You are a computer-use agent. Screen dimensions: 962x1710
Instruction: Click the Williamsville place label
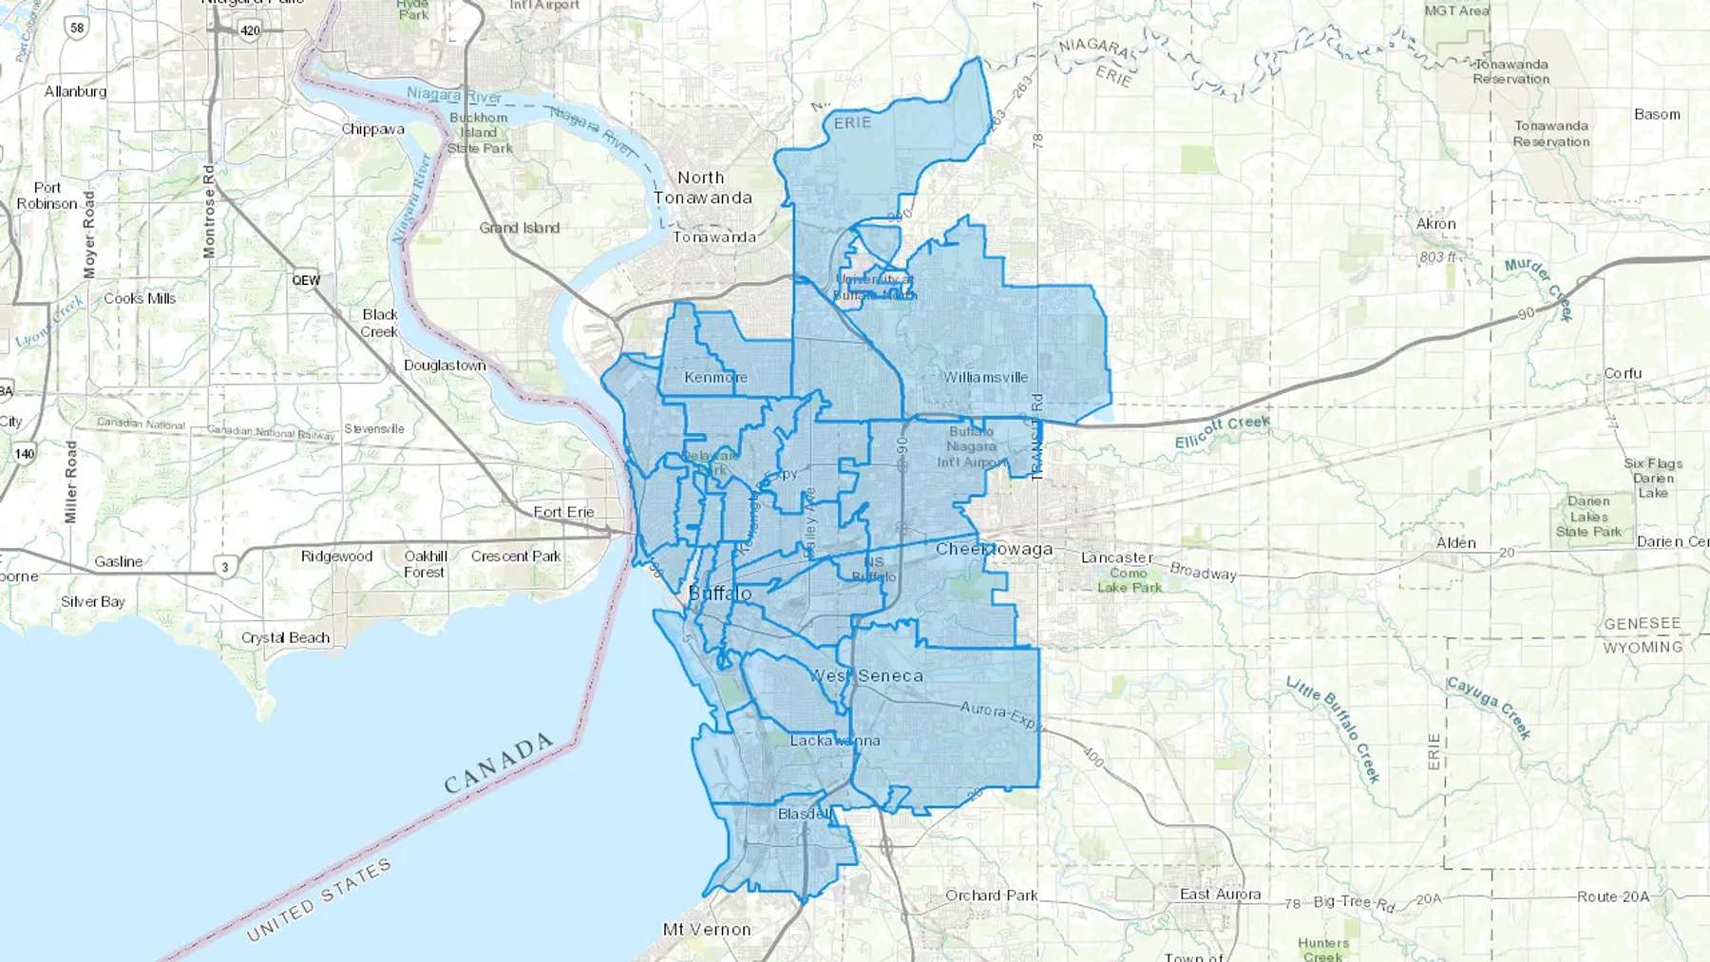tap(985, 377)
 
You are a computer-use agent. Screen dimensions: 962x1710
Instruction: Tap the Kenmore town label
tap(715, 377)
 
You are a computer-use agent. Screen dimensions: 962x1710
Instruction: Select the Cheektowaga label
tap(994, 549)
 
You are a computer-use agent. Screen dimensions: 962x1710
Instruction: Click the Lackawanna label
tap(835, 741)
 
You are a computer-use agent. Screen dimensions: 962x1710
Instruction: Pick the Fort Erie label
tap(563, 512)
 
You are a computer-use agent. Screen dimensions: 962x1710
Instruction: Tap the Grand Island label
tap(520, 228)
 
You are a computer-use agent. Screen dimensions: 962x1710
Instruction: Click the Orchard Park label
tap(991, 896)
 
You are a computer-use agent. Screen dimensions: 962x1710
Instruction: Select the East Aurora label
tap(1220, 895)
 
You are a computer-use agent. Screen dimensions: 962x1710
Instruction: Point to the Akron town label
tap(1435, 224)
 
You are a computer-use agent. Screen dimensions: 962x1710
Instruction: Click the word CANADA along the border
tap(499, 763)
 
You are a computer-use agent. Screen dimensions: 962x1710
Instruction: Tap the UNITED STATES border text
tap(319, 899)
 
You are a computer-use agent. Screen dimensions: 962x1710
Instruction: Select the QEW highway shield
tap(306, 280)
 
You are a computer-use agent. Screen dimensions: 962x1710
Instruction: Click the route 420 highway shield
tap(250, 30)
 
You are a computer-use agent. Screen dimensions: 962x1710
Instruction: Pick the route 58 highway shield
tap(77, 28)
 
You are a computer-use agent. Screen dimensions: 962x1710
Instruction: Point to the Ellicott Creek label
tap(1222, 432)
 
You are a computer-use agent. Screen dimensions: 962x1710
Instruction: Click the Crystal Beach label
tap(285, 638)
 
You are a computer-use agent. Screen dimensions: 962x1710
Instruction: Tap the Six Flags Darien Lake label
tap(1653, 478)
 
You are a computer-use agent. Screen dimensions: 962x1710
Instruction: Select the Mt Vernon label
tap(707, 930)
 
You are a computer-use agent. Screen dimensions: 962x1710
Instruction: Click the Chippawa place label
tap(372, 129)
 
